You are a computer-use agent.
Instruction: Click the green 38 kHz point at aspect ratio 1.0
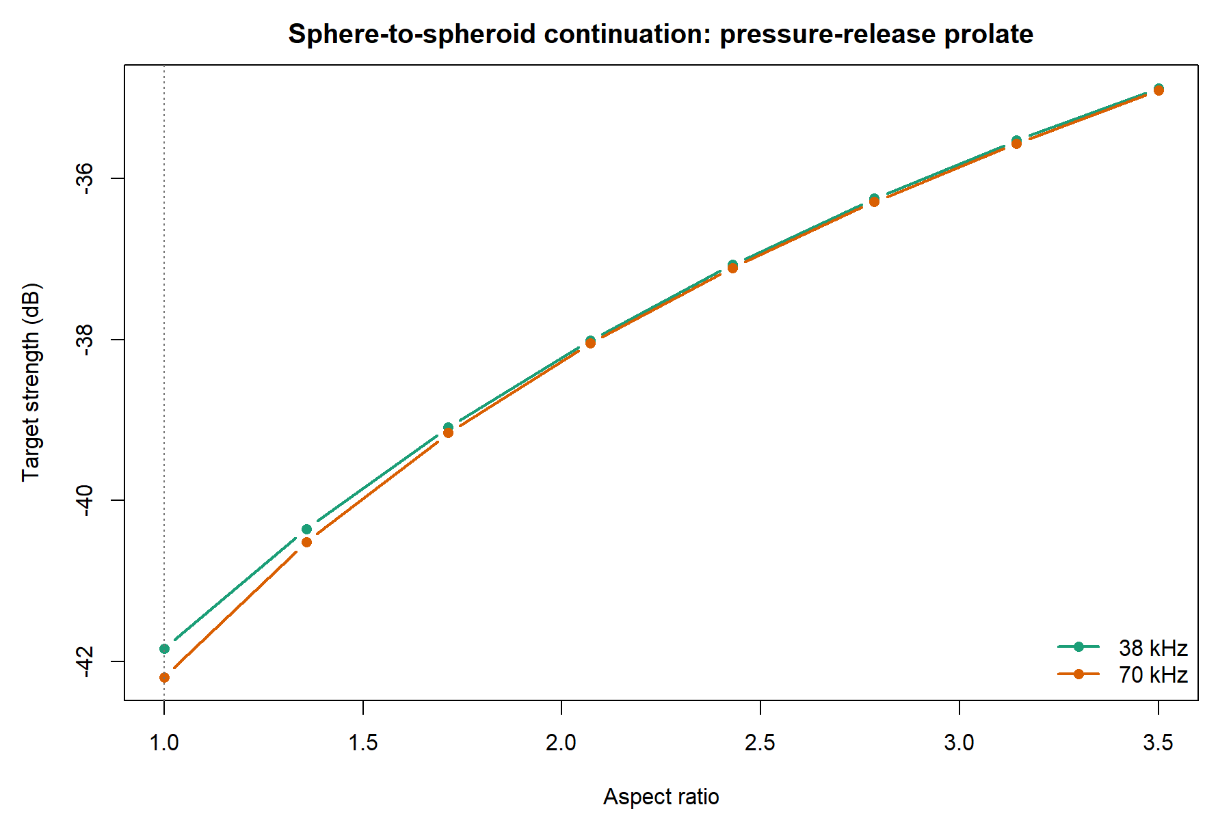coord(164,648)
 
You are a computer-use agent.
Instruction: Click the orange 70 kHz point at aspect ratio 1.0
coord(164,677)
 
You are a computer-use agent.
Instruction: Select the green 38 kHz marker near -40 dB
coord(306,529)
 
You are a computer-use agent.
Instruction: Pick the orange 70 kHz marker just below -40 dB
coord(306,542)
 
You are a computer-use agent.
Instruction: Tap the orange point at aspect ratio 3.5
coord(1159,90)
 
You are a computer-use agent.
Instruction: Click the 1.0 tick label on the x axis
coord(164,742)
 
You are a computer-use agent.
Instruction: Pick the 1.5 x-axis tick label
coord(362,742)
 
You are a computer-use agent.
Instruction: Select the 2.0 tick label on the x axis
coord(561,742)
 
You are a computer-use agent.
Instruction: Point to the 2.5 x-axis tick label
coord(760,742)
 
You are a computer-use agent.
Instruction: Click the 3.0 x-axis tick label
coord(959,742)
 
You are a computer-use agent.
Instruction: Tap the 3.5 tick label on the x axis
coord(1159,742)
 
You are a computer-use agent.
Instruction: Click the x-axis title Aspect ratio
coord(661,797)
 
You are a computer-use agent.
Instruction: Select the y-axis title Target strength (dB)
coord(31,382)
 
